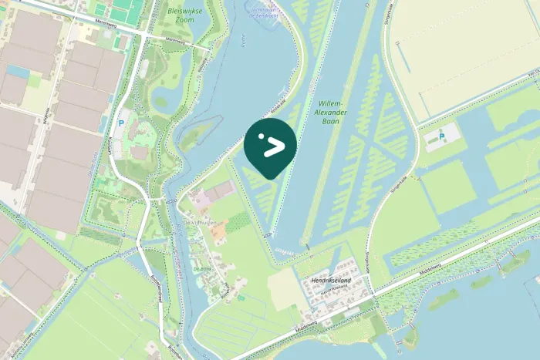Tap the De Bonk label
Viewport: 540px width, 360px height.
[x=202, y=269]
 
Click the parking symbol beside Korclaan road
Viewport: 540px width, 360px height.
[x=120, y=122]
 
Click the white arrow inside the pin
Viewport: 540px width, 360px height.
[x=274, y=147]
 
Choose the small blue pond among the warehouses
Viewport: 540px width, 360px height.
[x=17, y=71]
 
